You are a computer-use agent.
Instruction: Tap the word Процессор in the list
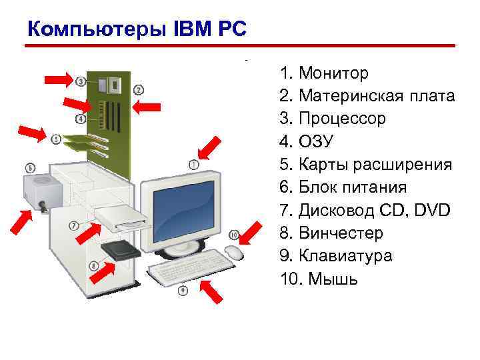tap(342, 119)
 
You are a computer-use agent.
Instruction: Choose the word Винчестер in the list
tap(341, 233)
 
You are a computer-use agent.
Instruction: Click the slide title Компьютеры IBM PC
tap(137, 29)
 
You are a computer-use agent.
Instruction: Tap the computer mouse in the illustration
tap(234, 252)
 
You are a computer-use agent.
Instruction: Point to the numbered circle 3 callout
tap(81, 81)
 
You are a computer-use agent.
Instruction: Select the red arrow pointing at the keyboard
tap(213, 291)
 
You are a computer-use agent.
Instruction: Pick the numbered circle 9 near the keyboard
tap(183, 290)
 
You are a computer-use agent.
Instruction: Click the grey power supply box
tap(41, 190)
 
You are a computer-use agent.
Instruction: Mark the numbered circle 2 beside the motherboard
tap(139, 89)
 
